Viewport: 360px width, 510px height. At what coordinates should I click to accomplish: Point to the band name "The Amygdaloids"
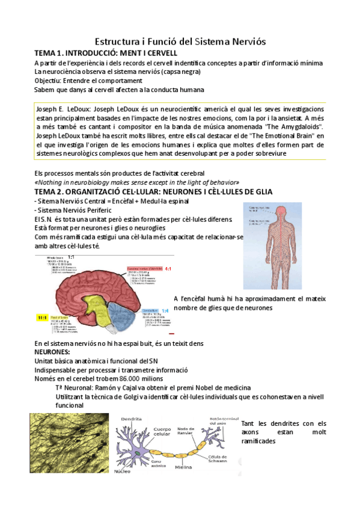click(x=291, y=127)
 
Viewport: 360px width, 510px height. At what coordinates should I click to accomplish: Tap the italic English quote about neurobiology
click(x=137, y=182)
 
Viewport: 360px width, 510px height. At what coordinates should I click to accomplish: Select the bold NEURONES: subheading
click(x=52, y=351)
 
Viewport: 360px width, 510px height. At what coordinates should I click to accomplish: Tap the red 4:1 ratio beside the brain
click(x=169, y=269)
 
